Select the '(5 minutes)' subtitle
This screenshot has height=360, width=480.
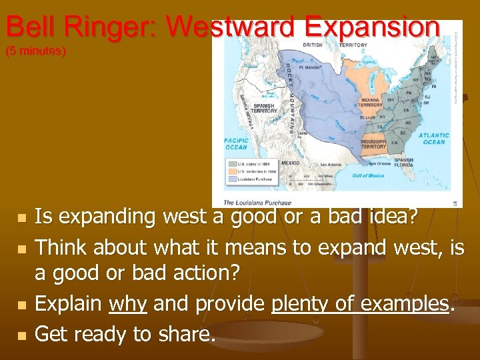point(35,51)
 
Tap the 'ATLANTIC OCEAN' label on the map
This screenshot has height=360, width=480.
point(433,138)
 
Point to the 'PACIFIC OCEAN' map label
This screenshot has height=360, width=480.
point(236,143)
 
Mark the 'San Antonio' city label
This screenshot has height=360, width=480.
point(331,164)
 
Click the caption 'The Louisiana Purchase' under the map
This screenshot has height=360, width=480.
point(257,203)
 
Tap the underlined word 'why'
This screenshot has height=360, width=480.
point(128,304)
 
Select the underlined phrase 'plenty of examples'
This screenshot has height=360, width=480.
point(360,304)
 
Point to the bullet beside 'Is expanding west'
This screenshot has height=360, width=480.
point(21,217)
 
